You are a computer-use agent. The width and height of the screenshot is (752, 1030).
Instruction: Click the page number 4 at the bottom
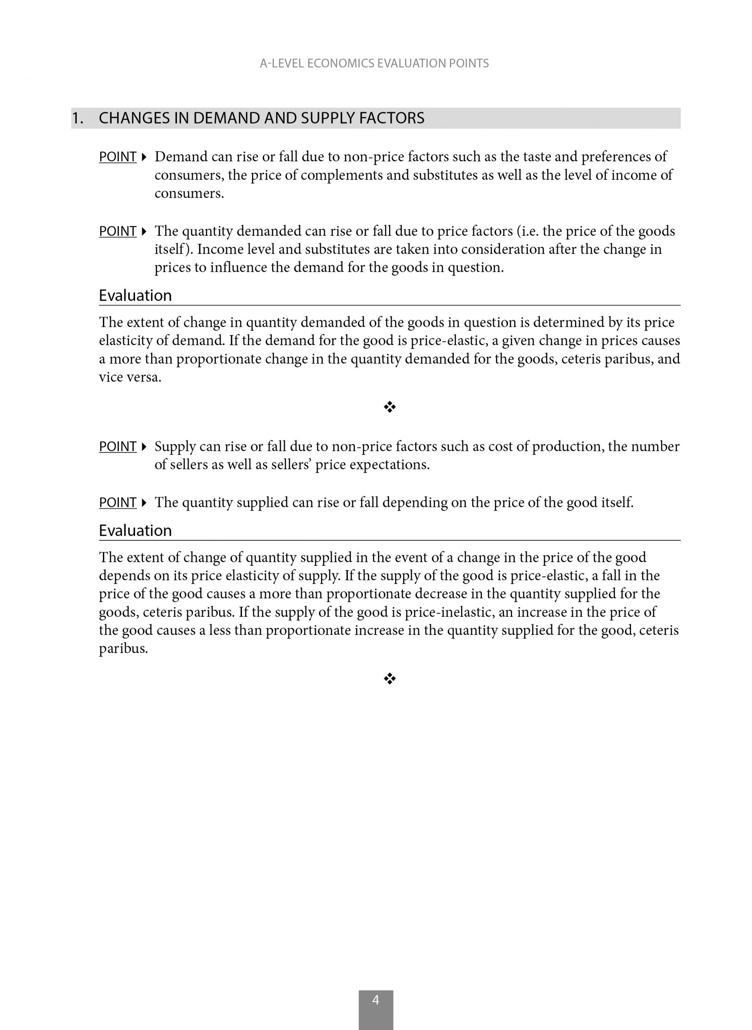click(375, 1000)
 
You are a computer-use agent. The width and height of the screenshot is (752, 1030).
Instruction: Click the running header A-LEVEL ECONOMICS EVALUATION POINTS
click(374, 63)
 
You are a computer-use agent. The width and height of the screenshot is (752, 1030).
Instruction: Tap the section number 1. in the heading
click(78, 118)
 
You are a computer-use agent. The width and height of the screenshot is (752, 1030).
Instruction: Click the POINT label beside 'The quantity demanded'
click(117, 231)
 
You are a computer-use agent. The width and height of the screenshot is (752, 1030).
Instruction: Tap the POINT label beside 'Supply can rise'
click(117, 447)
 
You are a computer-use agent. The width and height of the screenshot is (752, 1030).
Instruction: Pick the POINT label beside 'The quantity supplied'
click(117, 503)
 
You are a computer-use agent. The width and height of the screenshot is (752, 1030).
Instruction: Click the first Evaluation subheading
click(135, 296)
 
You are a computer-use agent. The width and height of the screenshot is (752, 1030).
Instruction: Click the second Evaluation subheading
click(135, 531)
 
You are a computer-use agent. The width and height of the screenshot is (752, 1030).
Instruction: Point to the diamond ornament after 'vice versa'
click(389, 407)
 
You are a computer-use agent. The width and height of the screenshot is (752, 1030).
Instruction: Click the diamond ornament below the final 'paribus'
click(389, 679)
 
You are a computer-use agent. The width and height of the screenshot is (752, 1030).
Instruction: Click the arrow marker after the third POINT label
click(144, 447)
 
